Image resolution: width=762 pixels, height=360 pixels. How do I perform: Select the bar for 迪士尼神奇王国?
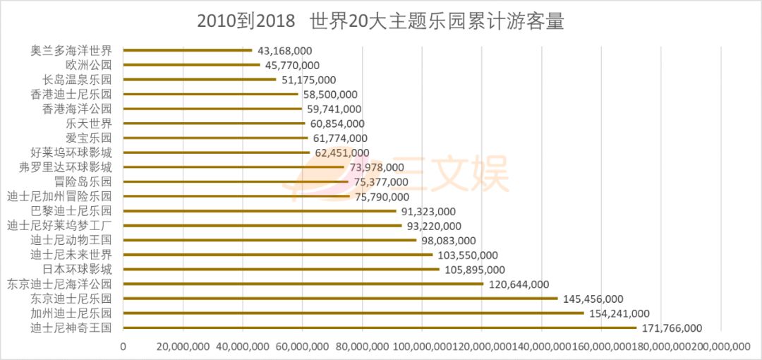point(380,328)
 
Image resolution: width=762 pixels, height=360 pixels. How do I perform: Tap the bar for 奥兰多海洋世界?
point(188,50)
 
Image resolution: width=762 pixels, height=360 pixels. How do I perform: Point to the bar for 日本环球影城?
point(282,269)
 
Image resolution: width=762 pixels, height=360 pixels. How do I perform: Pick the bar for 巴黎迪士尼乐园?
point(260,211)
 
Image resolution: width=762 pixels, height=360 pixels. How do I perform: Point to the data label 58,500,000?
point(331,95)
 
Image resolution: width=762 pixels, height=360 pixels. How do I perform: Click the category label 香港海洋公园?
point(77,109)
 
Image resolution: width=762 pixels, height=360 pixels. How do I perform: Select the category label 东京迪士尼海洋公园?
point(59,284)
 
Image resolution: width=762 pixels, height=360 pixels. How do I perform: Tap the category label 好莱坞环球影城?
point(71,152)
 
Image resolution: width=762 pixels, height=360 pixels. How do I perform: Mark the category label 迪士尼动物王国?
point(71,240)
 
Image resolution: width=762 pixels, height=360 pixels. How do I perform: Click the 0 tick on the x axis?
point(123,346)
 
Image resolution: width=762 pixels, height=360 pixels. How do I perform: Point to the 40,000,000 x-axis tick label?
point(243,346)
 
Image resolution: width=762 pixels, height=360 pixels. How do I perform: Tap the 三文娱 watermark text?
point(452,175)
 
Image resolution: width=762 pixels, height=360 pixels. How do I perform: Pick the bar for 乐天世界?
point(214,124)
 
